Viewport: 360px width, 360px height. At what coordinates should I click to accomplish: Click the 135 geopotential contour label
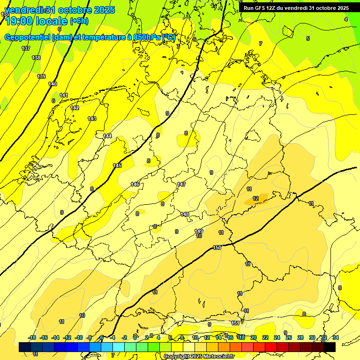(x=5, y=15)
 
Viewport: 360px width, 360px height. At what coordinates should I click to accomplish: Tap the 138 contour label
(x=36, y=58)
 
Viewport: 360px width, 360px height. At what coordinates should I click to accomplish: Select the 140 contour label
(x=52, y=84)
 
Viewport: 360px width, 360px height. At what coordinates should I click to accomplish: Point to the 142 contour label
(x=75, y=108)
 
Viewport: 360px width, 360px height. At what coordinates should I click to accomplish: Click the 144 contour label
(x=107, y=136)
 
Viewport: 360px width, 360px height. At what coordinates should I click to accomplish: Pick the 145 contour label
(x=117, y=165)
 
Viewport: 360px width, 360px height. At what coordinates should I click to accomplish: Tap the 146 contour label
(x=135, y=184)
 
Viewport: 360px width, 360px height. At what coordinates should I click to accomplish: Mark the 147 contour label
(x=181, y=184)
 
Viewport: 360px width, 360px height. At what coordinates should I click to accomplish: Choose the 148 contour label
(x=185, y=214)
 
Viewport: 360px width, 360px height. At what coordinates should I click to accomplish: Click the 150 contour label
(x=217, y=247)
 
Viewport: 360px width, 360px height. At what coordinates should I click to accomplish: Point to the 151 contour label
(x=235, y=323)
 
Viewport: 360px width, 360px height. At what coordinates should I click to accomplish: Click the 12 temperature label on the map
(x=255, y=198)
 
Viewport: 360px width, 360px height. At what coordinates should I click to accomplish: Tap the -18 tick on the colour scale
(x=32, y=337)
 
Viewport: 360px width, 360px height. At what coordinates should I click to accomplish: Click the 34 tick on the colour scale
(x=335, y=337)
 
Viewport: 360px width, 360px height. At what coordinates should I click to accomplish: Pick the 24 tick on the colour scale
(x=277, y=337)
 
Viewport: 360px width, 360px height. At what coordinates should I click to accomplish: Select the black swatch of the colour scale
(x=330, y=347)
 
